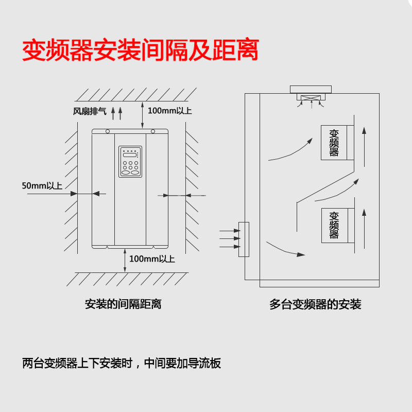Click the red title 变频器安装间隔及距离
click(140, 51)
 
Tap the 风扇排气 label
click(89, 111)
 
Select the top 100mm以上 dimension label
click(169, 111)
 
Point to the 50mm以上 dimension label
click(42, 185)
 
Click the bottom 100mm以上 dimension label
click(152, 259)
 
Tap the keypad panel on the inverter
click(130, 162)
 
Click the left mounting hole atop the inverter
click(108, 131)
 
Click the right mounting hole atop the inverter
click(152, 131)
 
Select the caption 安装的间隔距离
click(123, 304)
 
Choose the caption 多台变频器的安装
click(315, 304)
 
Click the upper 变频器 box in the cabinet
click(334, 142)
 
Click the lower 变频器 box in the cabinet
click(334, 225)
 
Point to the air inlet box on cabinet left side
click(244, 239)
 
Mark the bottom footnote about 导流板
click(122, 363)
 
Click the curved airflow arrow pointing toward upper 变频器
click(291, 149)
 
